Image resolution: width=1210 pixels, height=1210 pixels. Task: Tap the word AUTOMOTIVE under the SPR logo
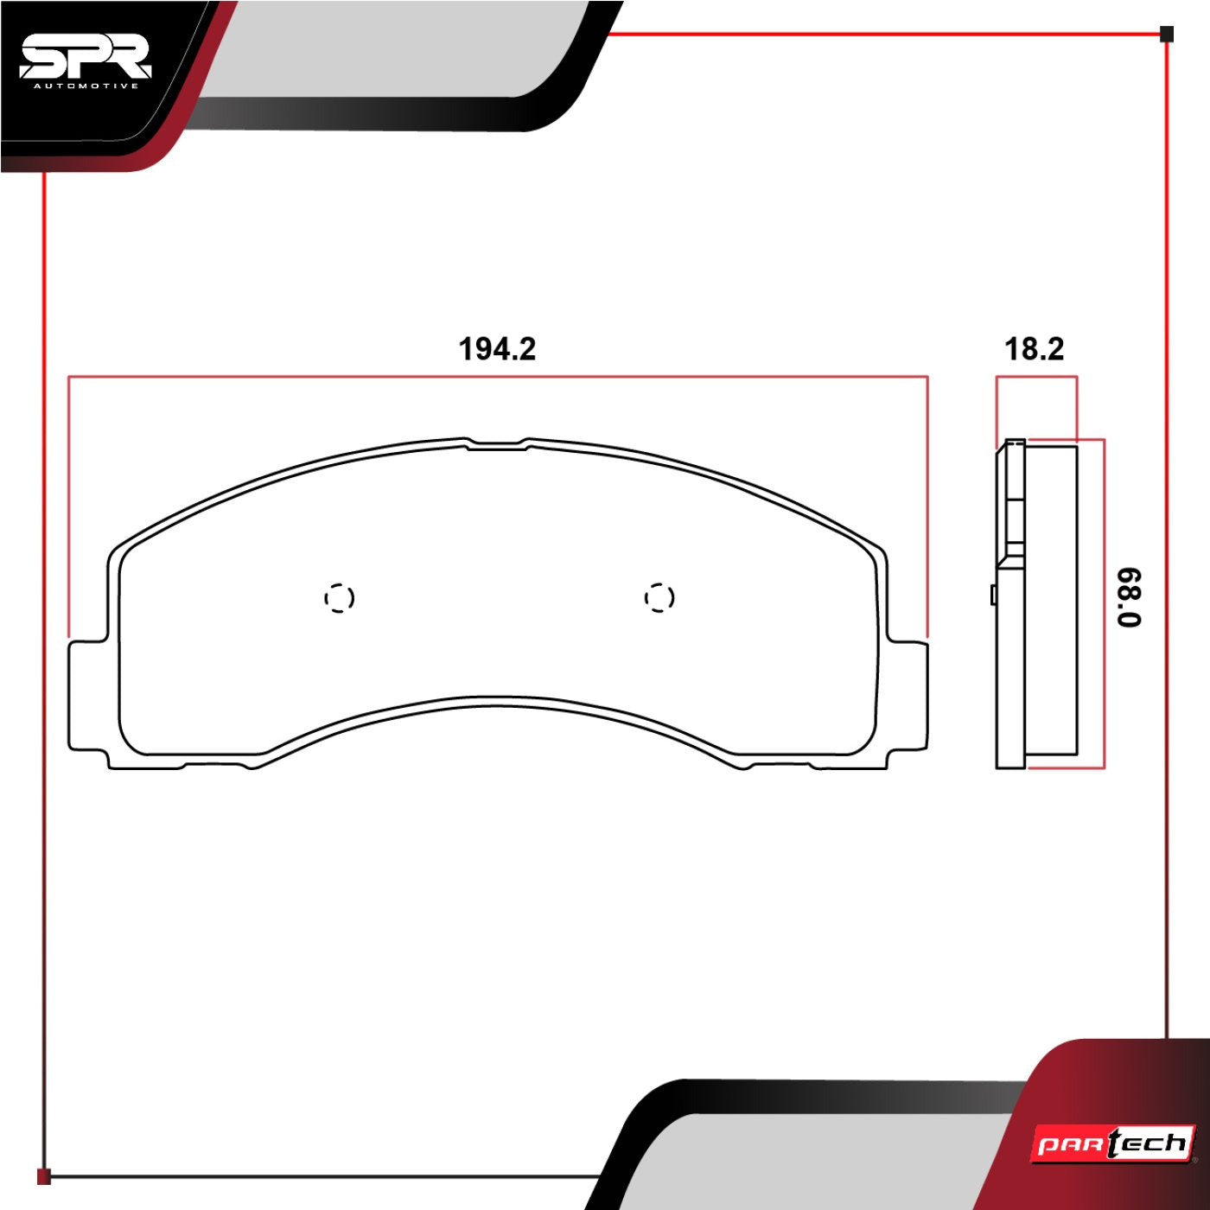(x=85, y=86)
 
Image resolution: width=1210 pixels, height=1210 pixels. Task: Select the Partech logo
(x=1113, y=1144)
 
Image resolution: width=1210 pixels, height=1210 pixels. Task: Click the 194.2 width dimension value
(x=497, y=349)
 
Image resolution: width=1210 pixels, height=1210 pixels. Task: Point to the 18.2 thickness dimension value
(x=1034, y=349)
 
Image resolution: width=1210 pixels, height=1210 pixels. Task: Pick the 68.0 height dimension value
(x=1130, y=597)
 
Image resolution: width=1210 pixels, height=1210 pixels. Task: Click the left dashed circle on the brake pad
(x=339, y=597)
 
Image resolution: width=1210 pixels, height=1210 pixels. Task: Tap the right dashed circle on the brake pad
(x=659, y=597)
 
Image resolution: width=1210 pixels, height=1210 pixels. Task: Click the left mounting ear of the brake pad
(x=87, y=695)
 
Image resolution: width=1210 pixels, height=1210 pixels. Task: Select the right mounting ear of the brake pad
(x=907, y=695)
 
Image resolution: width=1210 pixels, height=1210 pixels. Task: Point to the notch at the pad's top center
(x=497, y=446)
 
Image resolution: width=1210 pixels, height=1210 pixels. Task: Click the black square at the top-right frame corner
(x=1167, y=35)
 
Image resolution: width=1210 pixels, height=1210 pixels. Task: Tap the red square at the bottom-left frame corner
(x=44, y=1176)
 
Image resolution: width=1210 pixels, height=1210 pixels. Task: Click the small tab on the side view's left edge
(x=994, y=595)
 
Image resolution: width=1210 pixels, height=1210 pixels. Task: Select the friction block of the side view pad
(x=1051, y=605)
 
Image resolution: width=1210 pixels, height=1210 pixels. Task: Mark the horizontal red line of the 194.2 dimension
(x=497, y=377)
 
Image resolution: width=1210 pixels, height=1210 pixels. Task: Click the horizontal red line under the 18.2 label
(x=1035, y=377)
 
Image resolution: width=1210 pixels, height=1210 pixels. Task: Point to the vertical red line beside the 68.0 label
(x=1104, y=605)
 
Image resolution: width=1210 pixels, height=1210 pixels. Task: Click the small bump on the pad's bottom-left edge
(x=252, y=766)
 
